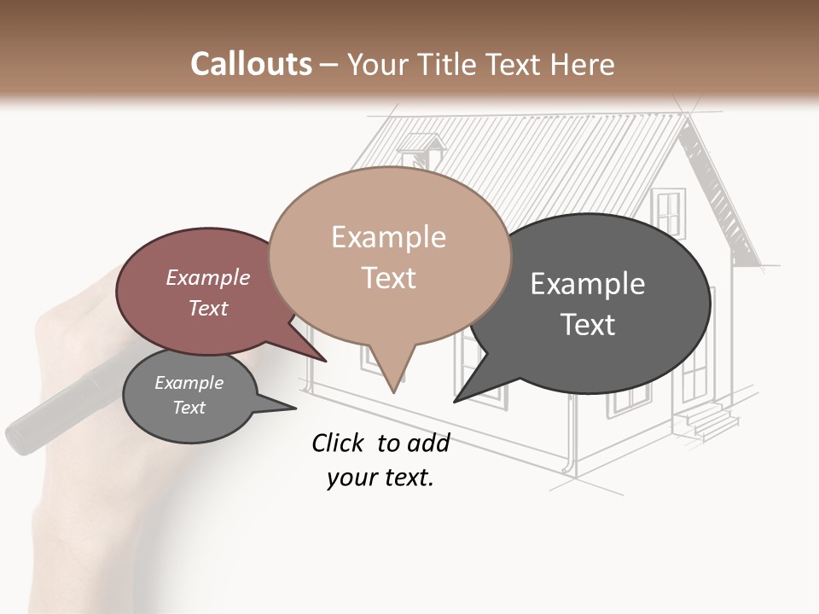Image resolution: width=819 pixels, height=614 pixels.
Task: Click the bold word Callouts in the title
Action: click(x=251, y=64)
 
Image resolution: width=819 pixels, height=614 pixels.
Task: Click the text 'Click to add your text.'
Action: click(x=380, y=460)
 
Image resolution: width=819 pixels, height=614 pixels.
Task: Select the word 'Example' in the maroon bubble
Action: click(x=208, y=277)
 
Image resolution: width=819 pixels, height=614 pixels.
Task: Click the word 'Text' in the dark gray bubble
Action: click(x=588, y=325)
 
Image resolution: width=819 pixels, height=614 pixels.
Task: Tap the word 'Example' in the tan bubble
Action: click(x=388, y=237)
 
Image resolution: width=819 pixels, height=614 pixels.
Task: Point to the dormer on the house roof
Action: click(x=422, y=149)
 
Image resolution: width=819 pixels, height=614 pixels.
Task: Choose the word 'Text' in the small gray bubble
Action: click(x=189, y=408)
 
